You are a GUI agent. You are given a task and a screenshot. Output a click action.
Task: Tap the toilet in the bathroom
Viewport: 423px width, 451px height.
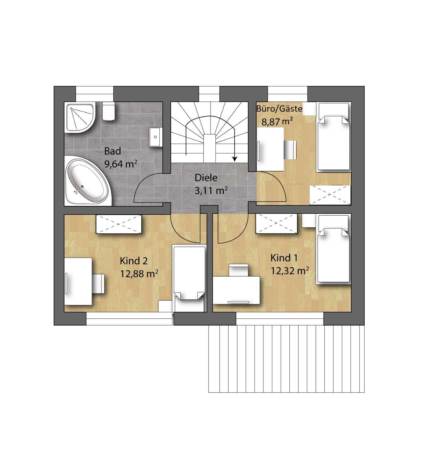click(x=108, y=111)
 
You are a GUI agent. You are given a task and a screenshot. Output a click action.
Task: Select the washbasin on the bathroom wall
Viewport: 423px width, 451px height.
click(x=156, y=137)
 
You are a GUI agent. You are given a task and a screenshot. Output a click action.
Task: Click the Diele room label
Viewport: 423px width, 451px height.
click(x=206, y=178)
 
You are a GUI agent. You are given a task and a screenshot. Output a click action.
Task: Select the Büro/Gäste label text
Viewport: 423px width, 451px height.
click(x=279, y=109)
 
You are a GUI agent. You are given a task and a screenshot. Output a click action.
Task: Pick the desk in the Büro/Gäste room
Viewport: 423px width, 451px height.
click(x=270, y=149)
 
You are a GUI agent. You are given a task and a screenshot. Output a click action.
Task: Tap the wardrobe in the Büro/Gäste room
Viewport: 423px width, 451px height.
click(x=330, y=195)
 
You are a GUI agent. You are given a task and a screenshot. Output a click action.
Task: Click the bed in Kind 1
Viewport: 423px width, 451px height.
click(x=334, y=249)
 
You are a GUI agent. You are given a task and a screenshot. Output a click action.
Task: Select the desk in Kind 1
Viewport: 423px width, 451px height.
click(x=236, y=290)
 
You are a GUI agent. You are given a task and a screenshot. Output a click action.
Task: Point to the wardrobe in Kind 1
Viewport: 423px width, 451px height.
click(x=276, y=224)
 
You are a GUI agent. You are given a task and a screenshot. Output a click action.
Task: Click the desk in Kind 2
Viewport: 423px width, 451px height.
click(x=78, y=281)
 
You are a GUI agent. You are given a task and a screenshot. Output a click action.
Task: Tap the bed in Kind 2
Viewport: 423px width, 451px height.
click(x=189, y=278)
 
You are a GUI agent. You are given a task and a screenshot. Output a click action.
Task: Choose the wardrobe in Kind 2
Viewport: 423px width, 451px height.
click(x=119, y=224)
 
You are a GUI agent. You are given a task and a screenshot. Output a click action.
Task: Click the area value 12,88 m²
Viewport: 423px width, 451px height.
click(x=139, y=274)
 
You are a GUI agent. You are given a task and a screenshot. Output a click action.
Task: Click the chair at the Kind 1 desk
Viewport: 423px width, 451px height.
click(x=239, y=270)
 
